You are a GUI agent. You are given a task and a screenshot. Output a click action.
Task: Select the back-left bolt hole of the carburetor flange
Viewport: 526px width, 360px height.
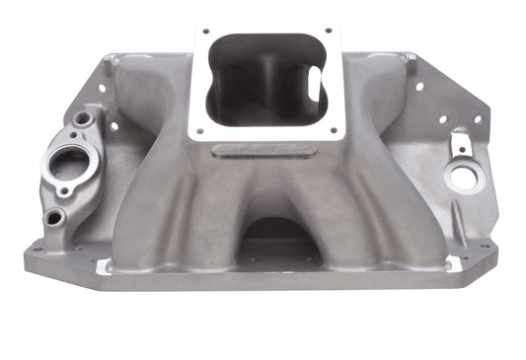point(205,33)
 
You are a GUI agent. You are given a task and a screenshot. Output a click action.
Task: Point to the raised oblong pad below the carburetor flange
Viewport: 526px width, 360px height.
point(265,151)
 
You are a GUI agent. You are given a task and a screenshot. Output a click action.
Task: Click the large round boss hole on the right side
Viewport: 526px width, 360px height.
point(460,180)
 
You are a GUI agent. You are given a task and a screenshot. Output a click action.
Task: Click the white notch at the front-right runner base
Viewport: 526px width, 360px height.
point(453,263)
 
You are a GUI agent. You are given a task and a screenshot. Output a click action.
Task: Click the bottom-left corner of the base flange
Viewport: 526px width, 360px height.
point(28,267)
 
